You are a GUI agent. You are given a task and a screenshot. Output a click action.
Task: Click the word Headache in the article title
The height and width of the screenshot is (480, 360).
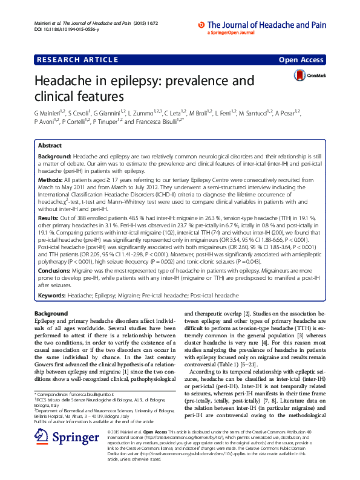(72, 81)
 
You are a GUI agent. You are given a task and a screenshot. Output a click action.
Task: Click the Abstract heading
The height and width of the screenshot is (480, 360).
(50, 146)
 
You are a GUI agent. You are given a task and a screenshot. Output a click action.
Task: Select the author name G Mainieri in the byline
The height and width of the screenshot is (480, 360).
(51, 112)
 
